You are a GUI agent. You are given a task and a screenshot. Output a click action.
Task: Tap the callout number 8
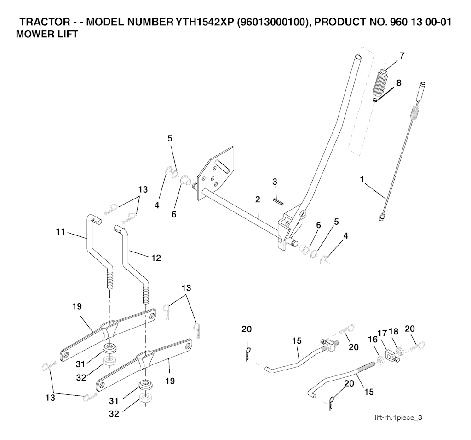(x=399, y=83)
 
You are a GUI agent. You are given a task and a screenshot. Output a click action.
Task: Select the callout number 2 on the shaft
(x=258, y=199)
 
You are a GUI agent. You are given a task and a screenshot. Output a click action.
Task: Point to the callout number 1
(x=362, y=180)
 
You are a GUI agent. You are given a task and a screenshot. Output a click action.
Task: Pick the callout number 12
(x=156, y=258)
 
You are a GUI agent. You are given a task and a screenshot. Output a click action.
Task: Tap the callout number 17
(x=382, y=333)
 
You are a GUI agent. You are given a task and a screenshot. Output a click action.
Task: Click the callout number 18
(x=394, y=331)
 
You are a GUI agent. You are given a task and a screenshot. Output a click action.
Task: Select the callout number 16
(x=373, y=340)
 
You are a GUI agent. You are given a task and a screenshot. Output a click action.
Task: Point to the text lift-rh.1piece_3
(x=398, y=417)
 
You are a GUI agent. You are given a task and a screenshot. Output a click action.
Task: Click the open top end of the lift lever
(x=358, y=57)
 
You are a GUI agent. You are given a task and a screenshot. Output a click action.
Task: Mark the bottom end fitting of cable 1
(x=383, y=217)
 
